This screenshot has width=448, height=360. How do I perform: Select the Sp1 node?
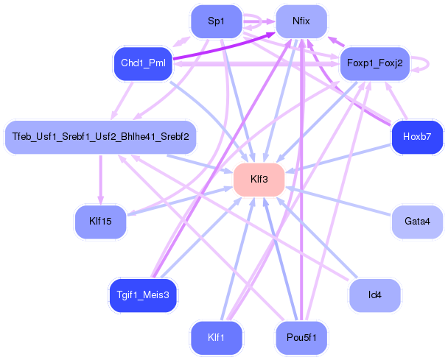216,22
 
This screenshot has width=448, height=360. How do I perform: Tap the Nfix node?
301,22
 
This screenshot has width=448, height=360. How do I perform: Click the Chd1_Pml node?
143,64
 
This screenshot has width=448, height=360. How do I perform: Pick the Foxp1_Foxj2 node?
374,64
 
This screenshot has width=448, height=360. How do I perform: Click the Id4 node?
374,295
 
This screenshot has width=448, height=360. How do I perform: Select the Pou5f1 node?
301,338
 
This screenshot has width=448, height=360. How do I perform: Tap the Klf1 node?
216,338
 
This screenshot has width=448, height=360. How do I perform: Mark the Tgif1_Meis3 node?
143,295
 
